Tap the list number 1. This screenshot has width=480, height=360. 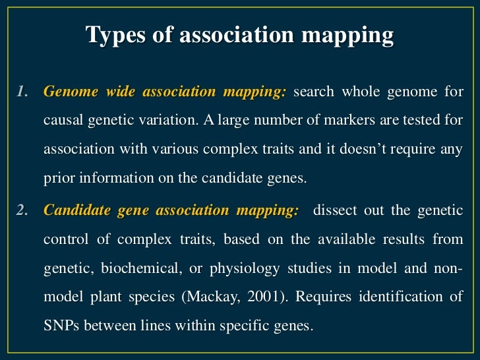click(x=24, y=92)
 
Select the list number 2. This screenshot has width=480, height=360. click(x=24, y=210)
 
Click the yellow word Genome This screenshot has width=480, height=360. click(x=67, y=92)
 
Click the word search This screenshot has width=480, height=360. click(x=313, y=92)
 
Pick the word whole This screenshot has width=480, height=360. click(x=361, y=92)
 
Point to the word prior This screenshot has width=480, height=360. click(x=57, y=179)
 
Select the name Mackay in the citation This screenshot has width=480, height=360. click(x=219, y=297)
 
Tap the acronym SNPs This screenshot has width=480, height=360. click(x=61, y=326)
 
